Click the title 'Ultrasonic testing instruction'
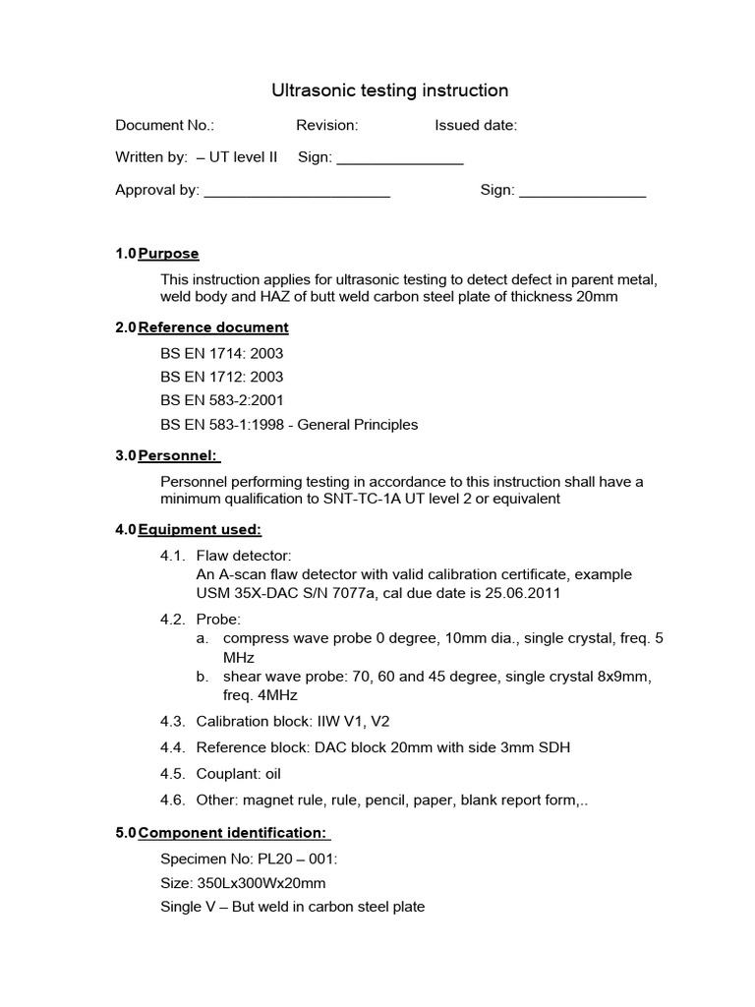pyautogui.click(x=389, y=90)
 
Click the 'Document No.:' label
pyautogui.click(x=164, y=125)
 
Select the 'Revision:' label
pyautogui.click(x=326, y=125)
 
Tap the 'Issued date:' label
pyautogui.click(x=476, y=125)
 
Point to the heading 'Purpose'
pyautogui.click(x=168, y=254)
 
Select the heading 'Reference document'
pyautogui.click(x=213, y=327)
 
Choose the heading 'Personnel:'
pyautogui.click(x=179, y=456)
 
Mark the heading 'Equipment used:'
pyautogui.click(x=200, y=530)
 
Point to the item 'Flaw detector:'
pyautogui.click(x=243, y=556)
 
